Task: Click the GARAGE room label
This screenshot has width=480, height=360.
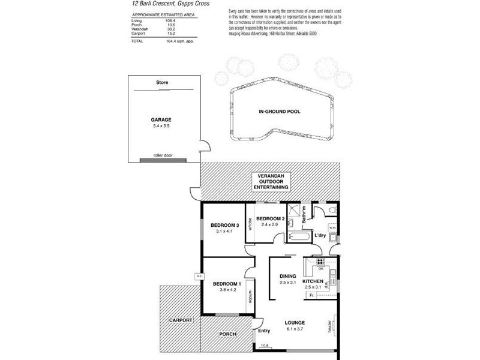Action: coord(161,119)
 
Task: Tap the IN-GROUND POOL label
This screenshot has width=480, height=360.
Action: coord(279,112)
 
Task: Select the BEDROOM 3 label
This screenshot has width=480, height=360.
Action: coord(225,225)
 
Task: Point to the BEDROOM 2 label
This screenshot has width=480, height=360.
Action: coord(269,218)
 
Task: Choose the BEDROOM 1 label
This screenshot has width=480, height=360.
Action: coord(227,283)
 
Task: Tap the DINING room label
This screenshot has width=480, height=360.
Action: coord(288,276)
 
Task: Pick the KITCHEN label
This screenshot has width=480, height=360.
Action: coord(313,281)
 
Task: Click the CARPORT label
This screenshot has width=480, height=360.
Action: coord(180,321)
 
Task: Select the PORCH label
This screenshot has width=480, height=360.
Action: coord(227,334)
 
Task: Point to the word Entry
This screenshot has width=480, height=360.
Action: coord(264,331)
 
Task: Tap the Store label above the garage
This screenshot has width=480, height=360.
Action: coord(161,82)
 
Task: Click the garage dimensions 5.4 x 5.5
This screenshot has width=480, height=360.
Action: coord(161,126)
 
